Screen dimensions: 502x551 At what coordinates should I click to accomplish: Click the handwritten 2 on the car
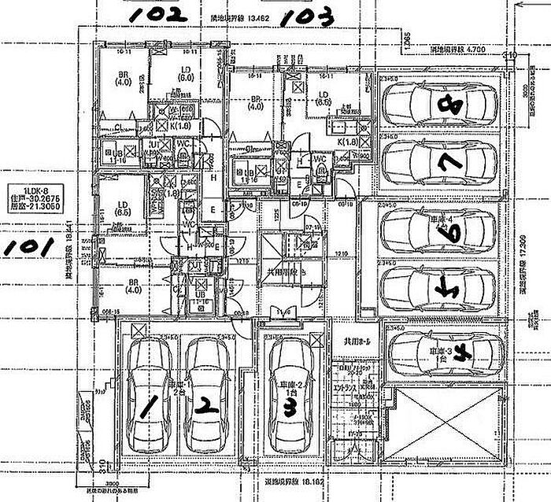(x=206, y=406)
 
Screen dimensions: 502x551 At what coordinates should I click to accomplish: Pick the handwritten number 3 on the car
(x=290, y=408)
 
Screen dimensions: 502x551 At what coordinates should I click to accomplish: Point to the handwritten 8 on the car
(x=451, y=103)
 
